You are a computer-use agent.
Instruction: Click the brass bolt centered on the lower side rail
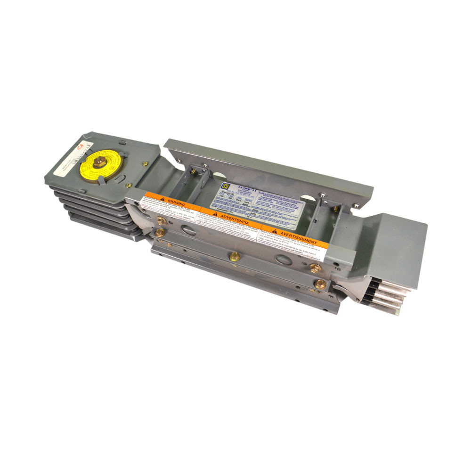pos(234,257)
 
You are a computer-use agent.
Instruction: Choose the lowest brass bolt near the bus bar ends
pos(320,284)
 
